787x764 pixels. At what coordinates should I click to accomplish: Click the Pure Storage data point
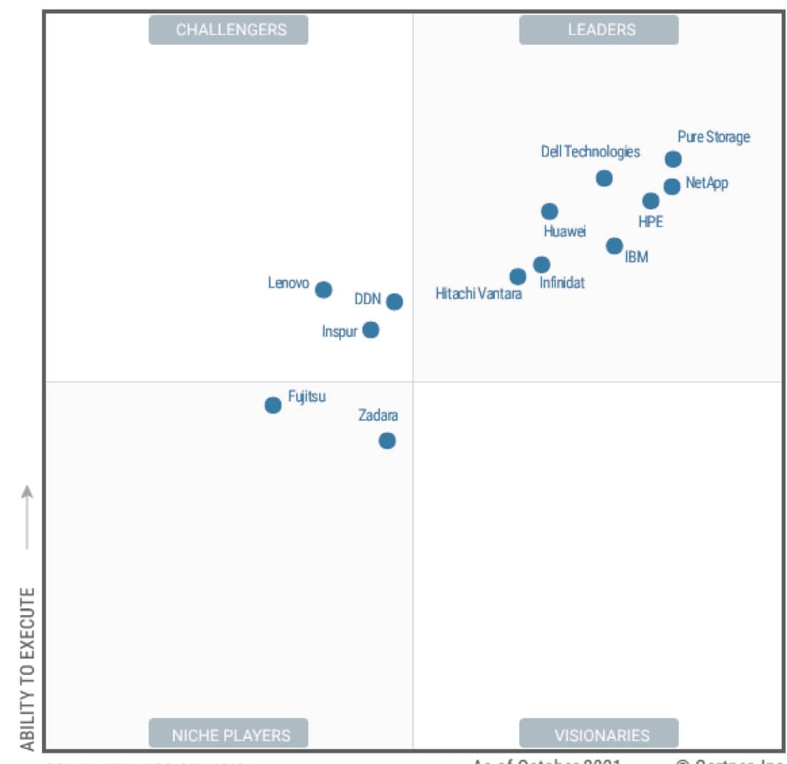pyautogui.click(x=673, y=159)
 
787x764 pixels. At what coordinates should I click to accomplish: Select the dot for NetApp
pyautogui.click(x=672, y=187)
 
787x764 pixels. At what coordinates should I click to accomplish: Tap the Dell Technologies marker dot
pyautogui.click(x=604, y=178)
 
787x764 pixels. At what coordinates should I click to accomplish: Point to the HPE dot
pyautogui.click(x=650, y=201)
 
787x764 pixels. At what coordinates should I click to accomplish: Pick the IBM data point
pyautogui.click(x=614, y=246)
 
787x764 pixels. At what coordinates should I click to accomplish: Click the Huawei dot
pyautogui.click(x=549, y=211)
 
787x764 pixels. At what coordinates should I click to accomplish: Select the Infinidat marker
pyautogui.click(x=541, y=265)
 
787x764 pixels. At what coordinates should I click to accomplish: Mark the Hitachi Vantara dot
pyautogui.click(x=518, y=276)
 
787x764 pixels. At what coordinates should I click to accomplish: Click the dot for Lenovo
pyautogui.click(x=323, y=289)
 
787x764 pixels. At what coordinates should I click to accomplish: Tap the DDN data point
pyautogui.click(x=394, y=302)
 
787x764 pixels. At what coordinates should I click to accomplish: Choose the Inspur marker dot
pyautogui.click(x=370, y=330)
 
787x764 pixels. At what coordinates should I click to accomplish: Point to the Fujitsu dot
pyautogui.click(x=273, y=405)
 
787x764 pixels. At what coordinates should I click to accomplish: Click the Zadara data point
pyautogui.click(x=387, y=441)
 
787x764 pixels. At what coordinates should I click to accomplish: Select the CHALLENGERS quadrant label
pyautogui.click(x=229, y=30)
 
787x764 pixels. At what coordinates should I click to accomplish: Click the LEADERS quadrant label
pyautogui.click(x=599, y=30)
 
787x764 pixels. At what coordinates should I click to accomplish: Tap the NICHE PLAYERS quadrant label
pyautogui.click(x=229, y=734)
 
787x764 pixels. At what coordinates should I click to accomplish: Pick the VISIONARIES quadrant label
pyautogui.click(x=599, y=734)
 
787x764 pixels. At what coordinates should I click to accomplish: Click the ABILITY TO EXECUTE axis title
pyautogui.click(x=27, y=669)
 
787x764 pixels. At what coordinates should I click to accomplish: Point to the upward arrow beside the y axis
pyautogui.click(x=27, y=516)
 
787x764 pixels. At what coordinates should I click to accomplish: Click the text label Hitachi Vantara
pyautogui.click(x=479, y=293)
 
